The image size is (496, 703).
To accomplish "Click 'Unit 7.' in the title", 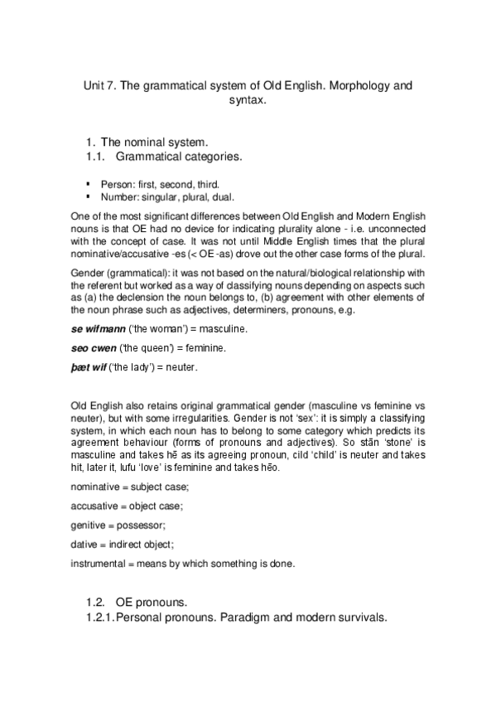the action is [103, 85].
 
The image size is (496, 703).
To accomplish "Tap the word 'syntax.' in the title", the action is [247, 100].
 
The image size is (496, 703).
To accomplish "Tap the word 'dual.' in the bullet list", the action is [222, 197].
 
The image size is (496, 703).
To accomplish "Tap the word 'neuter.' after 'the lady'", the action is [185, 366].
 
